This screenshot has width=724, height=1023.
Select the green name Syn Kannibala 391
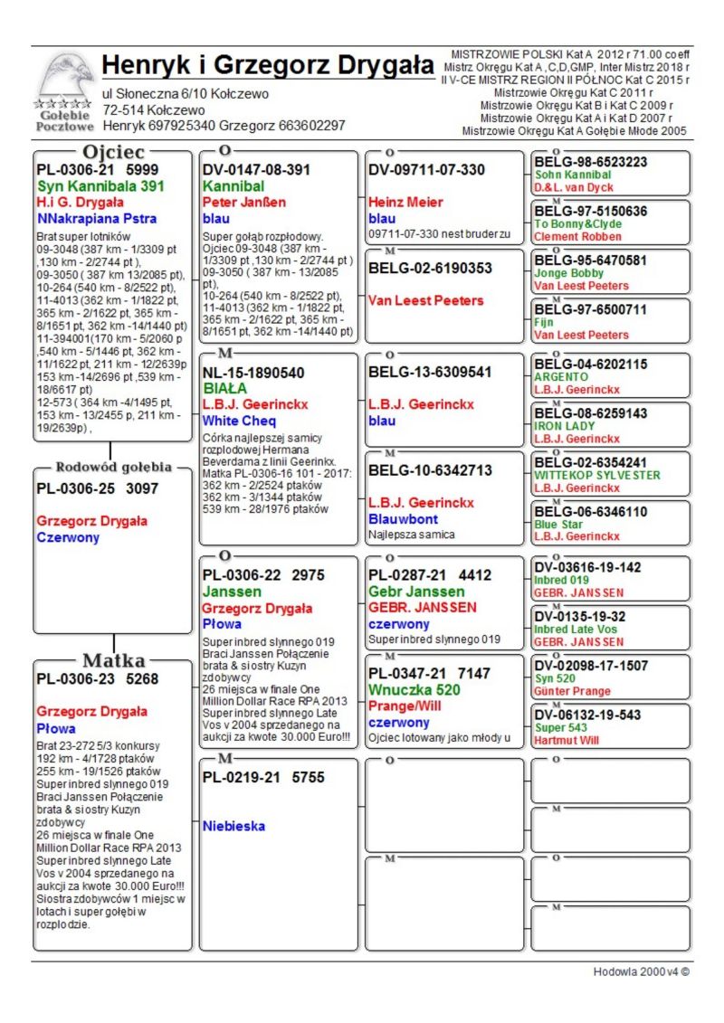[x=100, y=186]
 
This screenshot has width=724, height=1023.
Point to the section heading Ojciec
[x=113, y=151]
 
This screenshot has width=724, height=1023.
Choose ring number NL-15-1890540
[x=253, y=372]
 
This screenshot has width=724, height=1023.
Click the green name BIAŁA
[x=225, y=388]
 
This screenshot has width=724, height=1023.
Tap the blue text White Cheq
[x=239, y=421]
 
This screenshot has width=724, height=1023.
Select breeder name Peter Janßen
[x=243, y=202]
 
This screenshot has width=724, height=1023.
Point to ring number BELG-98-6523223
[x=591, y=162]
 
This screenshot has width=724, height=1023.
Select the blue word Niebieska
[x=233, y=826]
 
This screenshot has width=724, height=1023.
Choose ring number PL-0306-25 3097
[x=98, y=488]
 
